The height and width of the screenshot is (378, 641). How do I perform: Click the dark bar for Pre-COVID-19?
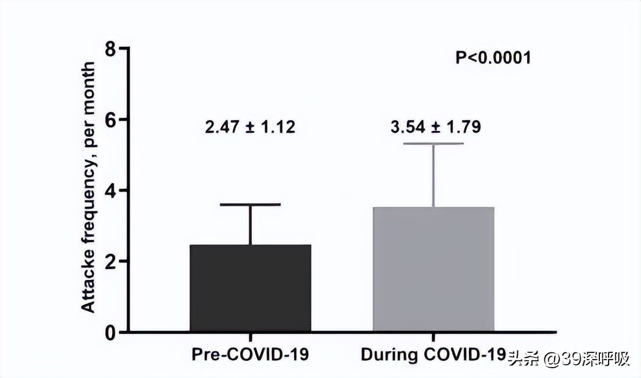(x=250, y=288)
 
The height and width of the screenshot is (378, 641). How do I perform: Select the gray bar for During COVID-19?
(x=433, y=270)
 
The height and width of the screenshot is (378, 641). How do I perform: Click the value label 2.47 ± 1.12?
(x=249, y=127)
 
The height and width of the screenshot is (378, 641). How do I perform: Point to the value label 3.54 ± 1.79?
(x=436, y=127)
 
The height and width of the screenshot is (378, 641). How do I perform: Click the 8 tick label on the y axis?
(x=110, y=48)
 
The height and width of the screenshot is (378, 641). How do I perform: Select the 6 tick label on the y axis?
(x=110, y=119)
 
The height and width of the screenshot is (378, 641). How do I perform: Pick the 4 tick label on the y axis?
(x=110, y=190)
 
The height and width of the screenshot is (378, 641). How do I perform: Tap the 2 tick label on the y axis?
(x=110, y=261)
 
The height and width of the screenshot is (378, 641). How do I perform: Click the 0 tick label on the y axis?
(x=110, y=332)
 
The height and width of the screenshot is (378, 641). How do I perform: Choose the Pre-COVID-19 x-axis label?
(x=250, y=355)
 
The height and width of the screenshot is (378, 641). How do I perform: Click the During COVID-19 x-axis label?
(x=433, y=355)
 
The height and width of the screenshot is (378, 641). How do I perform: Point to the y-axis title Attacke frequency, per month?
(x=89, y=187)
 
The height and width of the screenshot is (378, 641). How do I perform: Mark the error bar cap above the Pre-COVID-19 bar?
(x=250, y=204)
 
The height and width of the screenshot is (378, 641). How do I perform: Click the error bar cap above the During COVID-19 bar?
(x=433, y=144)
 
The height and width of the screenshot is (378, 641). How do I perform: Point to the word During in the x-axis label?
(x=384, y=355)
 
